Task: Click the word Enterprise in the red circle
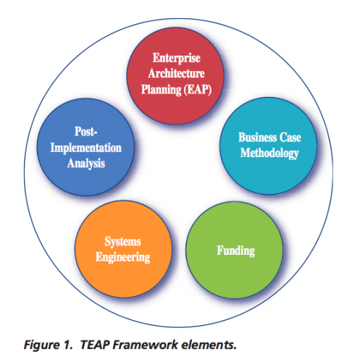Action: coord(177,58)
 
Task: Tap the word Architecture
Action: coord(177,73)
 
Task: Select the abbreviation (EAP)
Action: coord(198,90)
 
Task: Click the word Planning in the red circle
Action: coord(161,90)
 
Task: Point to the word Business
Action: coord(258,138)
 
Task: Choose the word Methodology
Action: coord(269,153)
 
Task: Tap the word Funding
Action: coord(235,251)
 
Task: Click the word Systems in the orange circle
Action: coord(122,242)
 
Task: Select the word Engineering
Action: coord(122,257)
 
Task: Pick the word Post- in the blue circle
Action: coord(85,132)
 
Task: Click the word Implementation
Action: coord(85,148)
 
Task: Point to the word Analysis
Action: coord(86,164)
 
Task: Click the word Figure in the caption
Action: coord(41,345)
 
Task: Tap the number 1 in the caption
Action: coord(68,345)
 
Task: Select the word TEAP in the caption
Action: coord(95,345)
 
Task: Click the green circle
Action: coord(234,250)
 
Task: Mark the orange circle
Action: coord(123,249)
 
